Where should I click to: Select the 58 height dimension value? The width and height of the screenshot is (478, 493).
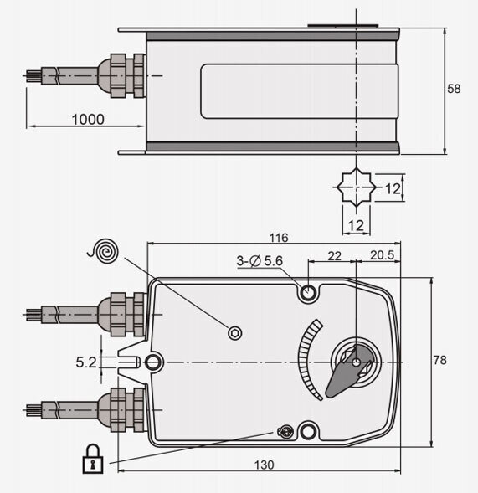tap(455, 89)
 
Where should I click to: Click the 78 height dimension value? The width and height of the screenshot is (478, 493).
tap(439, 360)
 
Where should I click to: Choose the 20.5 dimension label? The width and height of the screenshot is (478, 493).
tap(385, 254)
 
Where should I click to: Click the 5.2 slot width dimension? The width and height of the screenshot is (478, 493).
tap(86, 362)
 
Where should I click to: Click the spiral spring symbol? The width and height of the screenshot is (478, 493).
tap(106, 249)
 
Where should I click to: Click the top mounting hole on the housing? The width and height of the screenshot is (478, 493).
tap(309, 293)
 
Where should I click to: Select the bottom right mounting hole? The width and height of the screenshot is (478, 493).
tap(309, 431)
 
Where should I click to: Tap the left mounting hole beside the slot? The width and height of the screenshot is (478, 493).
tap(154, 362)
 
